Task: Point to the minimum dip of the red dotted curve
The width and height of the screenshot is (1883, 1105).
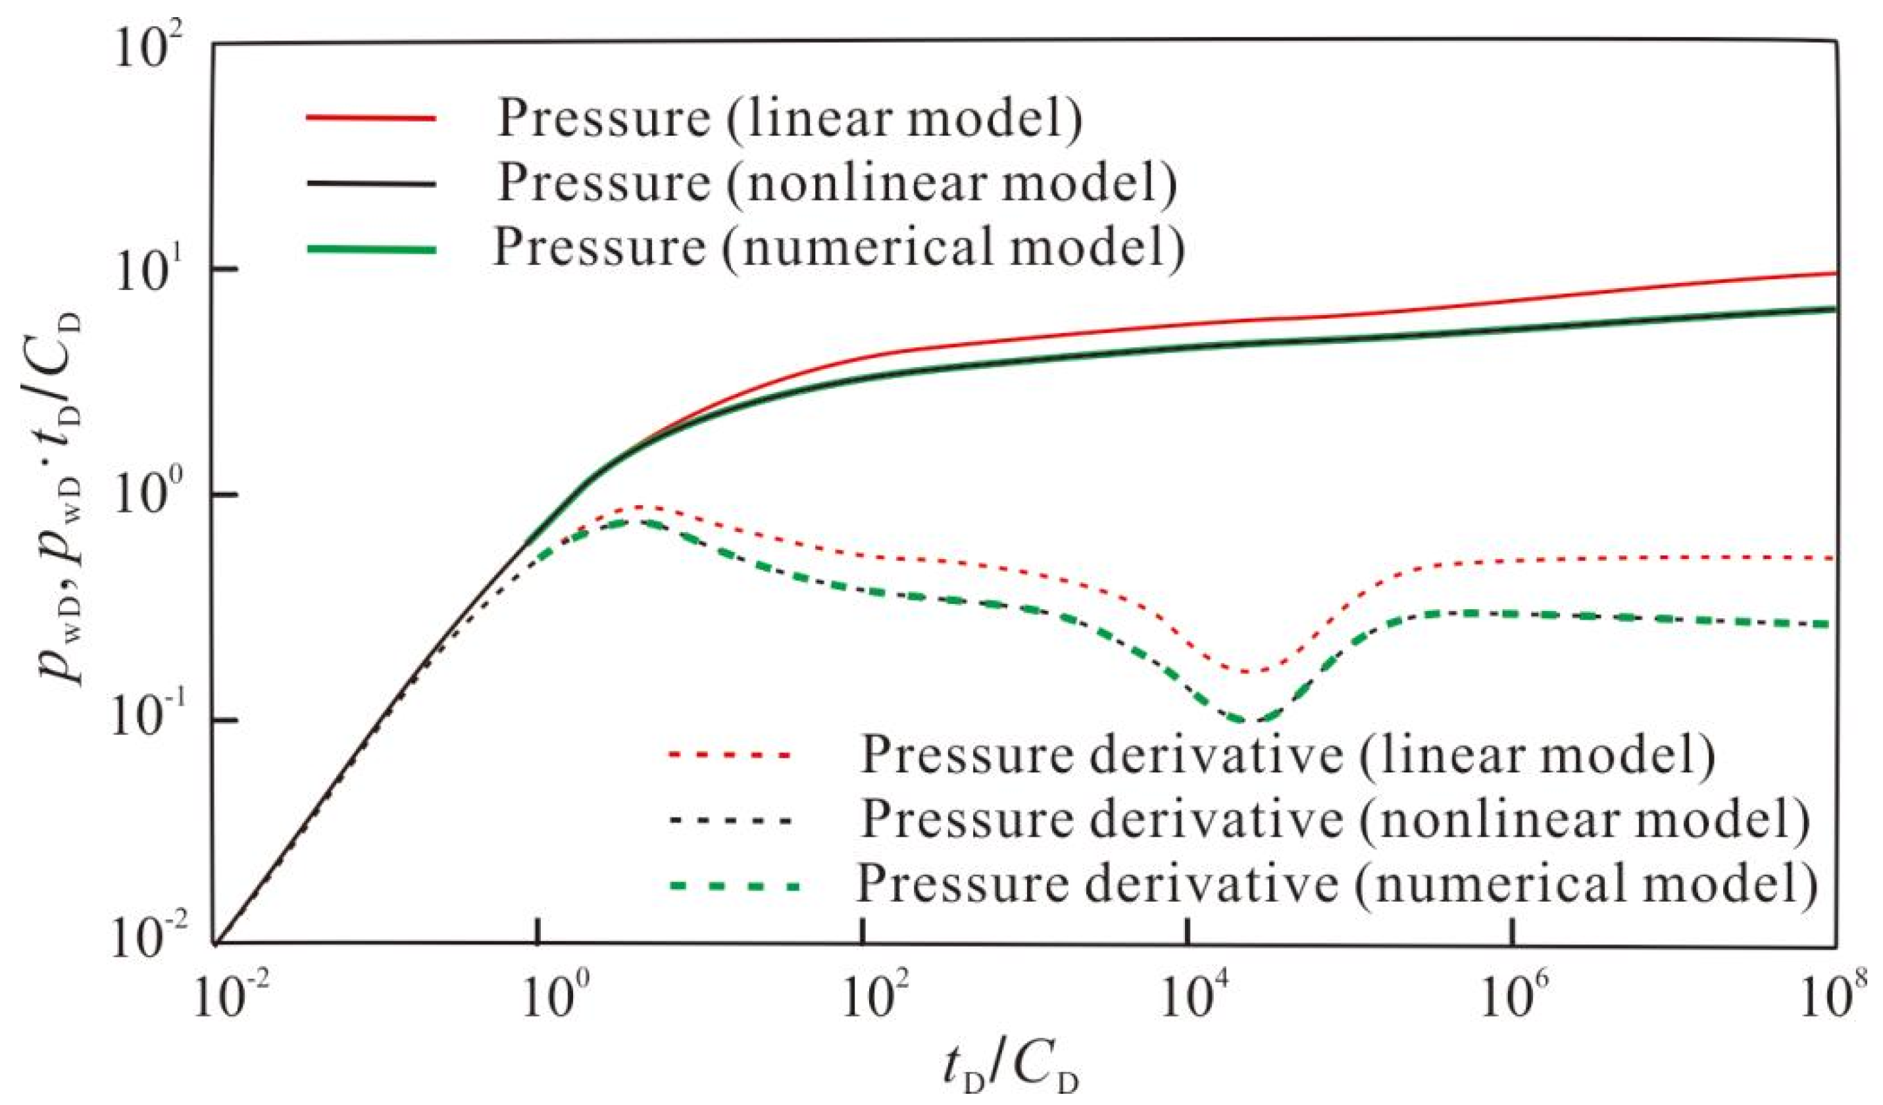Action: [1244, 672]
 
